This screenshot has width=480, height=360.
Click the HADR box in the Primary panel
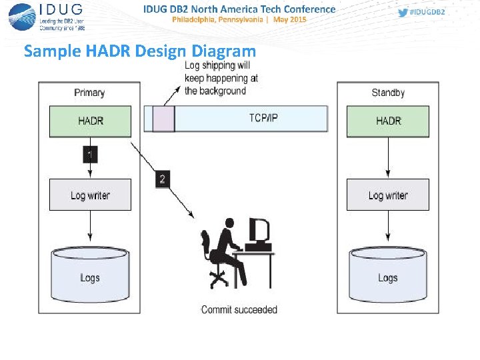point(90,121)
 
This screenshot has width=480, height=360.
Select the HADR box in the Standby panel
point(388,121)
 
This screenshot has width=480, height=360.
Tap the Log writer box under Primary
point(90,195)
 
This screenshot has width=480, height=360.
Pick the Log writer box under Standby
point(388,195)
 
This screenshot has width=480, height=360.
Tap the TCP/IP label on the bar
point(264,118)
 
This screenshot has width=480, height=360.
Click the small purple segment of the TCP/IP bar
point(163,119)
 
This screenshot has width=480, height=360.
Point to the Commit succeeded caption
point(239,309)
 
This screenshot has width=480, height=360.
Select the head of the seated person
point(229,224)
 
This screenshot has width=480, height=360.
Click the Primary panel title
point(89,93)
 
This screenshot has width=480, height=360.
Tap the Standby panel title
point(388,93)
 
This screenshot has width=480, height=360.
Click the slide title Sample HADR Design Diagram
point(139,51)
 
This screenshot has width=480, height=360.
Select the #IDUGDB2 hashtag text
point(427,13)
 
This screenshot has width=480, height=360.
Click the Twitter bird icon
point(403,13)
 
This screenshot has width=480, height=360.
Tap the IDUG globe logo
point(23,17)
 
